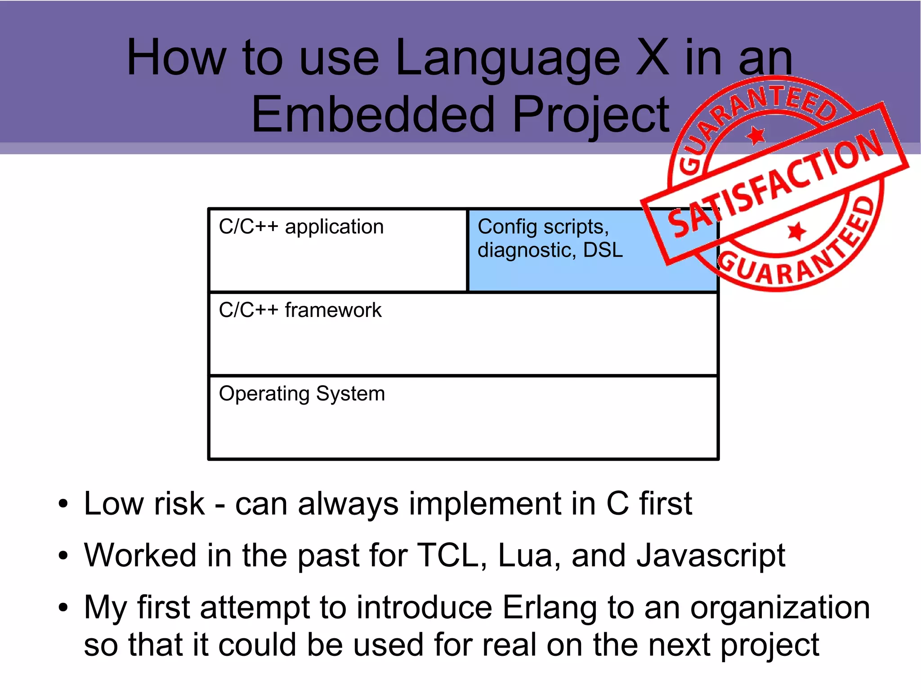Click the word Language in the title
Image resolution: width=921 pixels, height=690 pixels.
point(507,58)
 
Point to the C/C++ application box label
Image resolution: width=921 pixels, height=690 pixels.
point(301,227)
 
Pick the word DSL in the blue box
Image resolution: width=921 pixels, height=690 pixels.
point(603,250)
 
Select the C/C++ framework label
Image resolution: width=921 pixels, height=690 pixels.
point(300,310)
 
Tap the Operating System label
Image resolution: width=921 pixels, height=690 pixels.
point(302,394)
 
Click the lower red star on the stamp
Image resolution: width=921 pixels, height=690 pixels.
point(797,231)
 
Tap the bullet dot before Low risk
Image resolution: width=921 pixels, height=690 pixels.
point(63,504)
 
